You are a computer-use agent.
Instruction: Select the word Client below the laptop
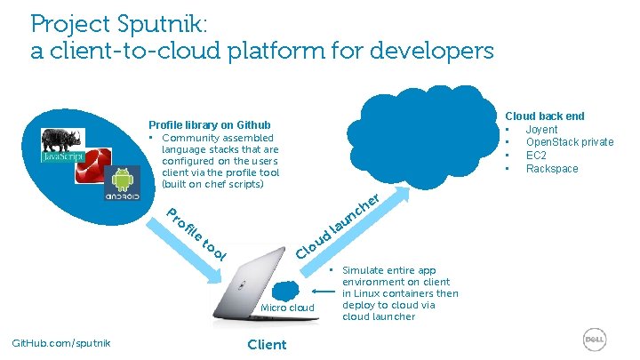coord(267,345)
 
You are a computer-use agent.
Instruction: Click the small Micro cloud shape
coord(286,290)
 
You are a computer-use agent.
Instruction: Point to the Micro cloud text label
coord(287,308)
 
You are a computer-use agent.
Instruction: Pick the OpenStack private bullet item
coord(569,142)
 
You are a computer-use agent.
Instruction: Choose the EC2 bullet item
coord(537,156)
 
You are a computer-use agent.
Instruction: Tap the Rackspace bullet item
coord(552,169)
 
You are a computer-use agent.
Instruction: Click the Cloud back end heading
coord(545,116)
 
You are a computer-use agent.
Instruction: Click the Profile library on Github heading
coord(209,125)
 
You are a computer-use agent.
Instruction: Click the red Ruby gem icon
coord(92,165)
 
